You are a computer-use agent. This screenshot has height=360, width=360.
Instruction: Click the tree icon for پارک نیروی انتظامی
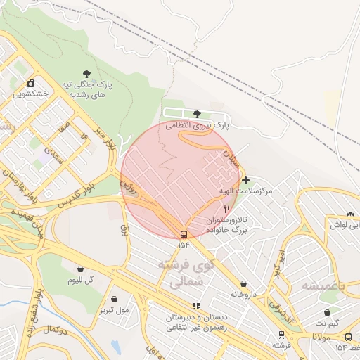pos(196,114)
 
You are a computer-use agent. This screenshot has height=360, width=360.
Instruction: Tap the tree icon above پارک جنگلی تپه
pos(86,73)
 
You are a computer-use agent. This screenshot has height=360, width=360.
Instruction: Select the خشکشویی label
pos(30,92)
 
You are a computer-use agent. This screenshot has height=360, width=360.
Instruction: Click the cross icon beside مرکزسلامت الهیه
pos(245,181)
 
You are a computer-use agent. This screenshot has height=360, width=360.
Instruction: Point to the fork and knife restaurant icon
pos(226,209)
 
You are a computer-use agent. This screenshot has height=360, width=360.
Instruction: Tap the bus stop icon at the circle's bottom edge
pos(184,233)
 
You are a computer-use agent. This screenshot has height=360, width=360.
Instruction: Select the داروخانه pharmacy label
pos(245,294)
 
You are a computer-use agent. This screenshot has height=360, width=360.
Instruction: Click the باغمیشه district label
pos(325,285)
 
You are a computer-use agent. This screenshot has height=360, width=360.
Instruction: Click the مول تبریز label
pos(114,309)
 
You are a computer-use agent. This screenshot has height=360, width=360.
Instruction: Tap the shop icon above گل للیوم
pos(80,269)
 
